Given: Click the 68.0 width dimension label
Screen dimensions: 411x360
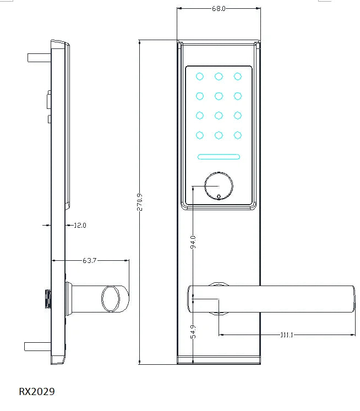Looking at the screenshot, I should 219,8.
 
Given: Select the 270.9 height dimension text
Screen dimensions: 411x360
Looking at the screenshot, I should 139,201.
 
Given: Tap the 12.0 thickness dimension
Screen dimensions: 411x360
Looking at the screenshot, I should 80,225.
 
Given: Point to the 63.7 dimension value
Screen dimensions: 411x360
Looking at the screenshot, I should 89,260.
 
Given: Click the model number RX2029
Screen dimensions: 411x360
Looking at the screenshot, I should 37,392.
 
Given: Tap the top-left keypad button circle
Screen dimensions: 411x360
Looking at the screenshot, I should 200,76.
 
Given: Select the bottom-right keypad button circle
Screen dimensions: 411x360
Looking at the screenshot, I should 238,135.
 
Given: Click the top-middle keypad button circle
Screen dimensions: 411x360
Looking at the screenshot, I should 219,76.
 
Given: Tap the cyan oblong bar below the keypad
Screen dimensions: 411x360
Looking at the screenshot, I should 219,157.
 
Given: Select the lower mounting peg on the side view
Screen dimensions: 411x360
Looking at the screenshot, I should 37,346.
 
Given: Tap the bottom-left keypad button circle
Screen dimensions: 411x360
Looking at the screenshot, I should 200,135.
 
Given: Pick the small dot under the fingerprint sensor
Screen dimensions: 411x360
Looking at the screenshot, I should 219,196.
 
